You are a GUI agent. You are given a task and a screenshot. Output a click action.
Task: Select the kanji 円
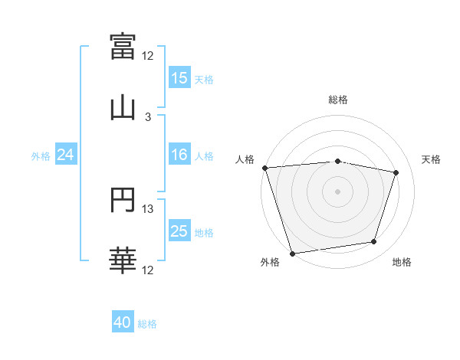(x=123, y=200)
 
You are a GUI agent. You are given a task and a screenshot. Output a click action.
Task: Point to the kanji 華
(x=123, y=261)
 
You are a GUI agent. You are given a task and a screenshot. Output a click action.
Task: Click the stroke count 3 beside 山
(x=148, y=117)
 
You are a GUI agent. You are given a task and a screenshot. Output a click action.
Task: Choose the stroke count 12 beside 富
(x=148, y=56)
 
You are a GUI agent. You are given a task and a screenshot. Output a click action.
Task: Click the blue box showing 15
(x=179, y=78)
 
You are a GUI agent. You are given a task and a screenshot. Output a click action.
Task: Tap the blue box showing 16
(x=179, y=155)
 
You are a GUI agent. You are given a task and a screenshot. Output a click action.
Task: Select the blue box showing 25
(x=179, y=232)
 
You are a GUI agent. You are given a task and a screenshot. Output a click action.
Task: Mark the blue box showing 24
(x=66, y=155)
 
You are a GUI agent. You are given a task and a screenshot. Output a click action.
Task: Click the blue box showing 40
(x=123, y=323)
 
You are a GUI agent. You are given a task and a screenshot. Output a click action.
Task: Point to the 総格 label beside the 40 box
(x=147, y=324)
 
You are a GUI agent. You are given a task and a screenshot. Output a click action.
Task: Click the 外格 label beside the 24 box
(x=41, y=156)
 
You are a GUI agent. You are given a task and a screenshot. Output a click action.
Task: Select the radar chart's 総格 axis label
(x=338, y=100)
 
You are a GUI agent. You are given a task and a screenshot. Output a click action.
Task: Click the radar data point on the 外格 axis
(x=292, y=253)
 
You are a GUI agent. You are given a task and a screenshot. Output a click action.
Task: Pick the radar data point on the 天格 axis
(x=396, y=172)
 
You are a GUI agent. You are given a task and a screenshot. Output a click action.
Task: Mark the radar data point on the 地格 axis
(x=374, y=242)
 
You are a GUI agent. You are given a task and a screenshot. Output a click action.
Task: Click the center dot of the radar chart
(x=338, y=191)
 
